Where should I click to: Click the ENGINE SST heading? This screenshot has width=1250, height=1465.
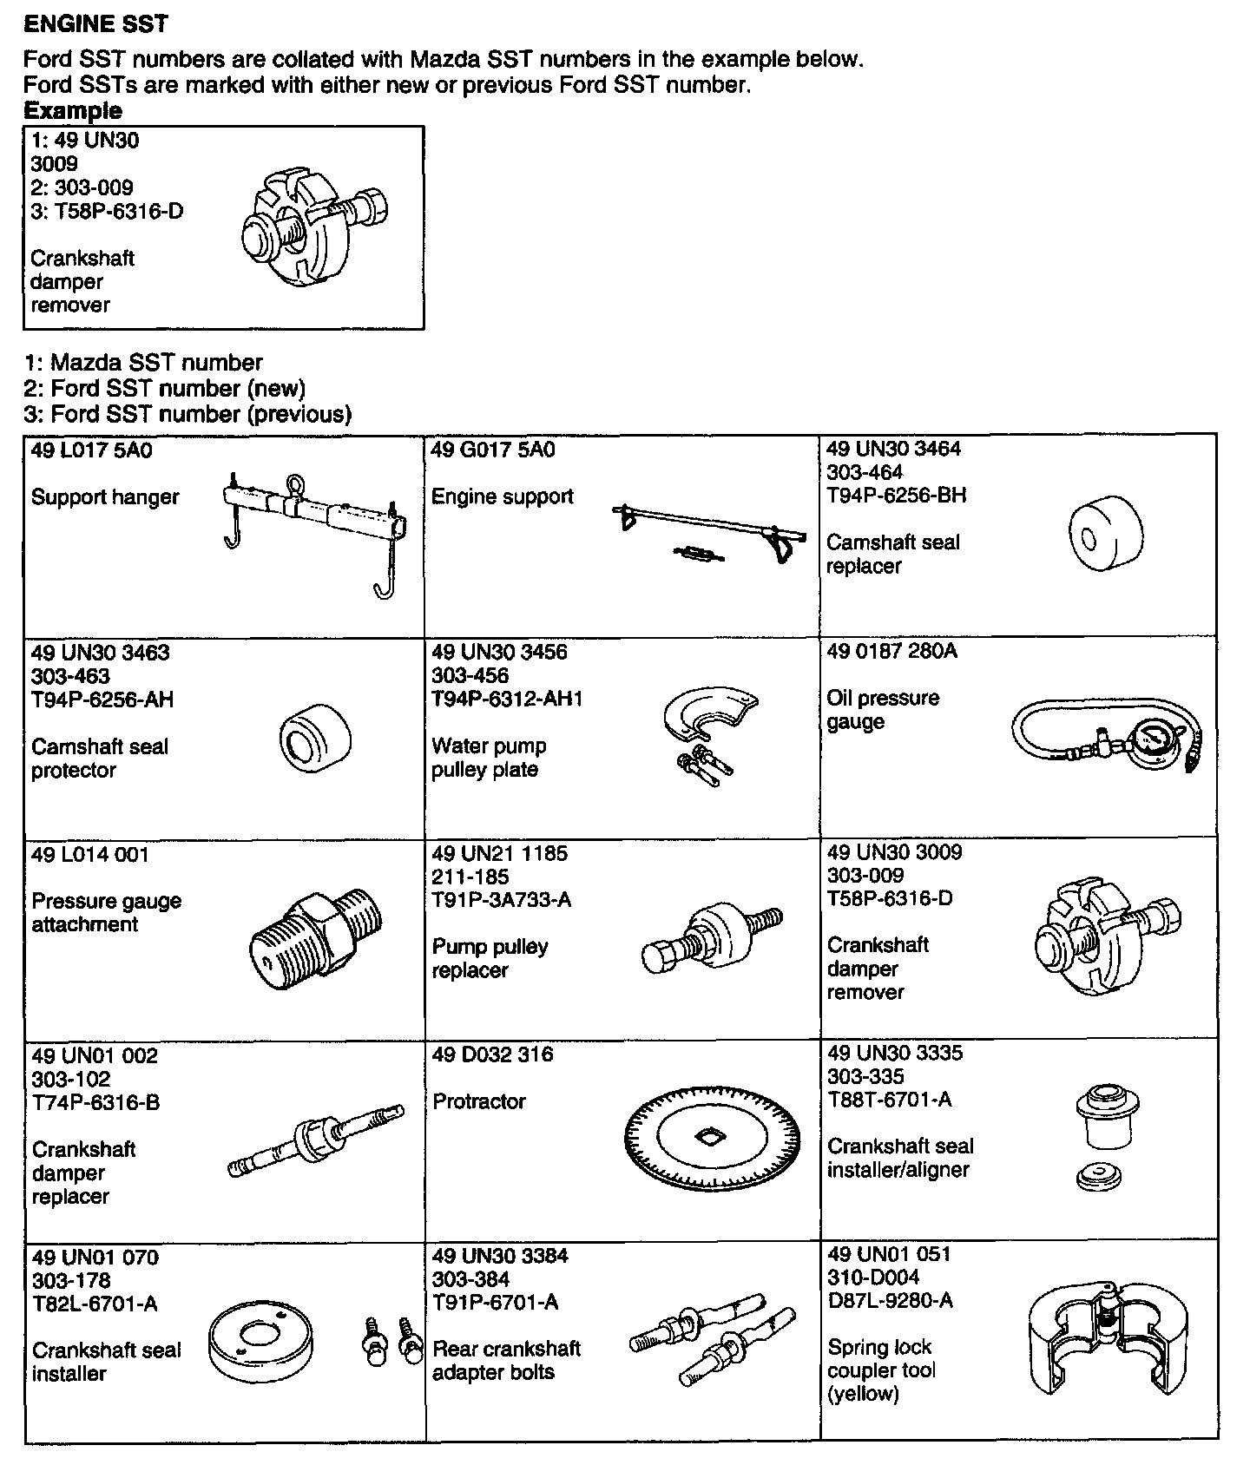point(95,23)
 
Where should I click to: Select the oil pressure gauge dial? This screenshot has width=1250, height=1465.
point(1153,740)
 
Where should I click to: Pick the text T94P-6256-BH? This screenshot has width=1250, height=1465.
point(896,496)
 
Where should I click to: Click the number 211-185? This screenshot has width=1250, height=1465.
point(470,877)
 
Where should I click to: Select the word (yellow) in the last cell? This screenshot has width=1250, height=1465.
point(863,1394)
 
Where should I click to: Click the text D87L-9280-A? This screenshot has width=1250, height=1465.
point(890,1301)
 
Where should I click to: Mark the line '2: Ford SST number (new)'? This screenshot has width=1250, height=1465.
point(165,388)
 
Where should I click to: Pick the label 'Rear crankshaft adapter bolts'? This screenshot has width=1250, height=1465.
point(506,1360)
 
